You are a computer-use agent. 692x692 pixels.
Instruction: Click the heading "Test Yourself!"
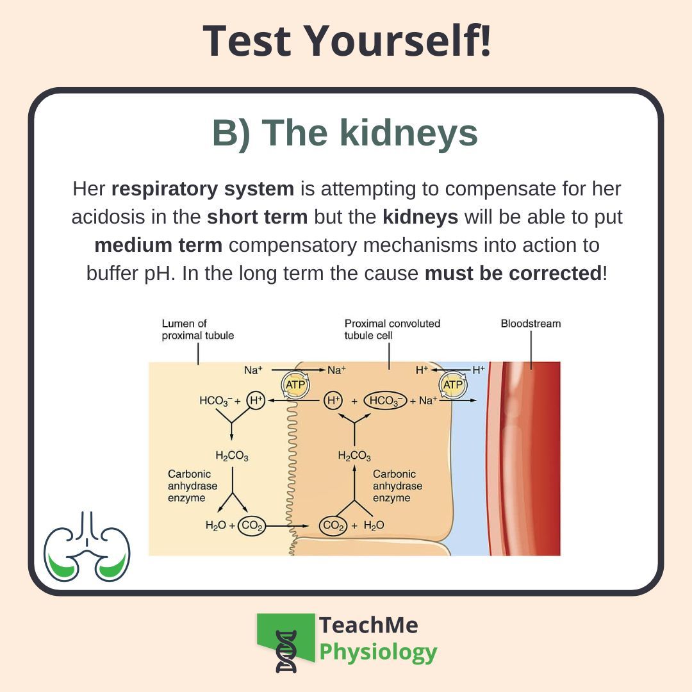(347, 40)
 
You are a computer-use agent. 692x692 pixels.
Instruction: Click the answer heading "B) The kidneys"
(345, 133)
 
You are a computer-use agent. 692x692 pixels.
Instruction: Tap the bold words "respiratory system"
(202, 190)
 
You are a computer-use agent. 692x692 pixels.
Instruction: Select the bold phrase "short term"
(257, 217)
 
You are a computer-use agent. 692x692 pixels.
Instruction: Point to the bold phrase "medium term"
(158, 245)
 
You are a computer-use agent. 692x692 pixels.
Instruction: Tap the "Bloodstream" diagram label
(531, 324)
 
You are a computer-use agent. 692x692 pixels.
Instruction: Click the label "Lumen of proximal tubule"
(197, 329)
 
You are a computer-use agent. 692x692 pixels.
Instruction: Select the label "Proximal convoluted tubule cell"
(392, 329)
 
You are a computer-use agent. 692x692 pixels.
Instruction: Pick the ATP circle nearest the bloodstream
(453, 385)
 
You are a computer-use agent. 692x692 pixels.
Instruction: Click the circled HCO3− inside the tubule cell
(385, 401)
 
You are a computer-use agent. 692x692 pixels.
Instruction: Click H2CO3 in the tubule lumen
(232, 456)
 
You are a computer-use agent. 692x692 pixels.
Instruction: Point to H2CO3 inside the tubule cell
(354, 456)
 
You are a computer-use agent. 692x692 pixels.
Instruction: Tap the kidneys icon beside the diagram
(87, 546)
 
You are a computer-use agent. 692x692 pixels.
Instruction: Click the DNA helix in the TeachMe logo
(286, 652)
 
